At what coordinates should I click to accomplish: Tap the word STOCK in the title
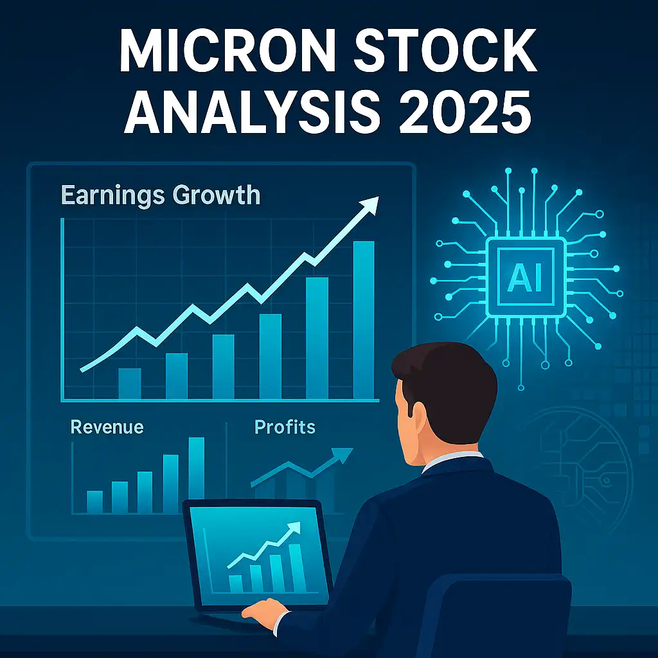coord(445,51)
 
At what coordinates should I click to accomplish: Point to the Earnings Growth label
coord(161,195)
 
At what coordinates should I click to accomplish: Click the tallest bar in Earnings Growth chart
coord(364,320)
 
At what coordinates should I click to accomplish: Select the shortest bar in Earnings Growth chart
coord(130,384)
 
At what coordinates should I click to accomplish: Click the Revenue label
coord(107,427)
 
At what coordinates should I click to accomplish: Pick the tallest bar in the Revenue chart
coord(197,475)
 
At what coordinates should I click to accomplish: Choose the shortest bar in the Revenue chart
coord(95,502)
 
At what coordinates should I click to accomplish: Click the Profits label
coord(285,427)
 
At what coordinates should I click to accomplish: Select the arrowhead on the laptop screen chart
coord(294,528)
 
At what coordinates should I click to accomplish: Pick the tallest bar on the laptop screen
coord(297,569)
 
